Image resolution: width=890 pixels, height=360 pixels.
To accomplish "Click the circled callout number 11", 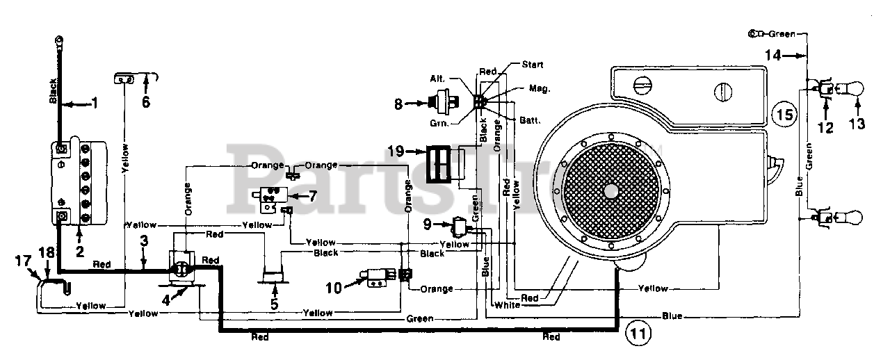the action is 638,333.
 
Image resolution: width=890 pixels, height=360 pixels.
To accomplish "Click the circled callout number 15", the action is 784,115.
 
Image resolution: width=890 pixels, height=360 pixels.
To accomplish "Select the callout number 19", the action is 396,151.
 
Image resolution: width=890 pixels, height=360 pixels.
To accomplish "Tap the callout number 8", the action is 398,104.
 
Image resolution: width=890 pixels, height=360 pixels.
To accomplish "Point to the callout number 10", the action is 334,287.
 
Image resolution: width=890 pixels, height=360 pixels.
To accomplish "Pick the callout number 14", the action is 773,55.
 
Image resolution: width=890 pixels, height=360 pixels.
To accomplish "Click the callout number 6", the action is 146,101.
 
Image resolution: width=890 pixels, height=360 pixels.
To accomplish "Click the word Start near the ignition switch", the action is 533,65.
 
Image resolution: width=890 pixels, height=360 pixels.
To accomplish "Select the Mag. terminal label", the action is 540,88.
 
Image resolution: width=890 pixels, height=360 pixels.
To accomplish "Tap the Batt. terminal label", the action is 530,120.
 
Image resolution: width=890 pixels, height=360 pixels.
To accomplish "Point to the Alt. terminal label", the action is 437,79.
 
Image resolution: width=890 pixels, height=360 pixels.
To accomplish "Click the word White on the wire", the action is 507,305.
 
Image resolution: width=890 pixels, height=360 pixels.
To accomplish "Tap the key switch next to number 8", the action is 444,102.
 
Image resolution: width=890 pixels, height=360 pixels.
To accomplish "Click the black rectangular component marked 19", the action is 439,164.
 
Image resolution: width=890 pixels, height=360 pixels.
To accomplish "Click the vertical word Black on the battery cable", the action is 53,91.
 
